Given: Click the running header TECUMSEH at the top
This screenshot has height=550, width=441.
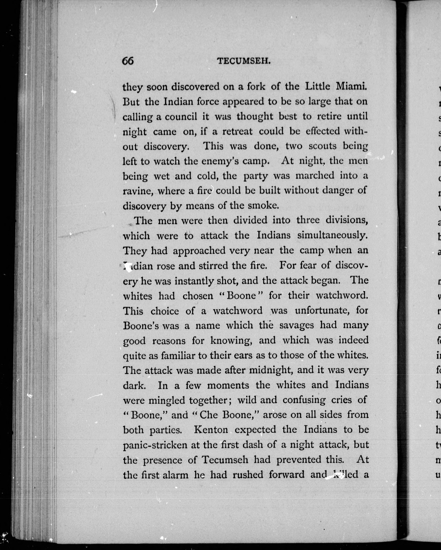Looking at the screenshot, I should (243, 61).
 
